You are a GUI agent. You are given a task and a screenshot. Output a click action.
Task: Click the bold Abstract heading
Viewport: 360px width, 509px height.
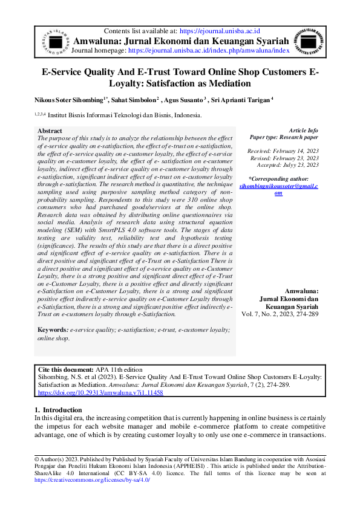50,131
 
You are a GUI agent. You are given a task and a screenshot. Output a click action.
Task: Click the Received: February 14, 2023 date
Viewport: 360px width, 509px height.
283,151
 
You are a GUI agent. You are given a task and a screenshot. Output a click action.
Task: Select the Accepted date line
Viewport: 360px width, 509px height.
287,164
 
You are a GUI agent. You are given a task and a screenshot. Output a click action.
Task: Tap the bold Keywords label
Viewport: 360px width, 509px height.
53,329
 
